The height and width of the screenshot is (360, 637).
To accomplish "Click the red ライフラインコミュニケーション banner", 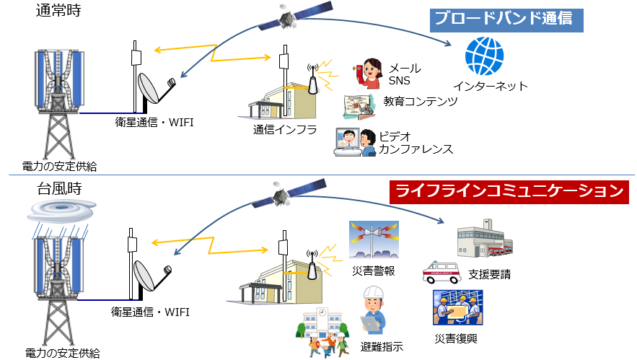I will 508,192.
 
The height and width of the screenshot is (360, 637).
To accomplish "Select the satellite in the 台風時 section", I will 287,193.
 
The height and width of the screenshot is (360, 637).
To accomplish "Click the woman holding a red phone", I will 368,74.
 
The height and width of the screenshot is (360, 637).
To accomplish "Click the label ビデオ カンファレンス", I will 416,142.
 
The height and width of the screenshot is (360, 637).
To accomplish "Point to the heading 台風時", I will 57,190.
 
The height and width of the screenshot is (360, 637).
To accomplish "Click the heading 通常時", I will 57,10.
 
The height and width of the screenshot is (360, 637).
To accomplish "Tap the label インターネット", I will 497,87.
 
